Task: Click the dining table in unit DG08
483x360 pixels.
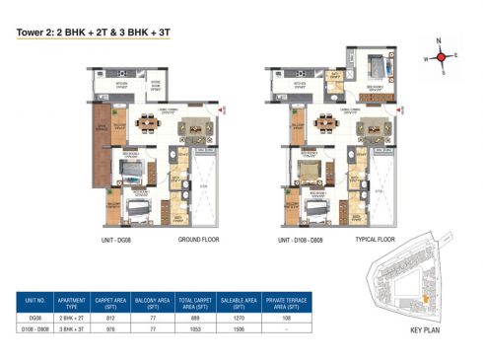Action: tap(149, 124)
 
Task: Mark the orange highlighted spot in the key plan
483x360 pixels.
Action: tap(425, 300)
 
